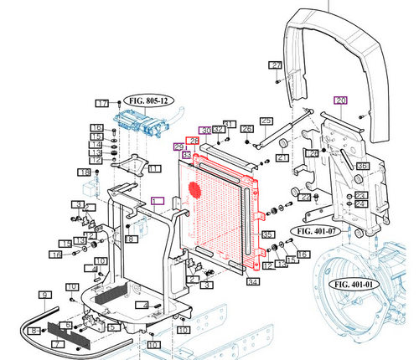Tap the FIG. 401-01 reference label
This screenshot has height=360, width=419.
click(x=356, y=284)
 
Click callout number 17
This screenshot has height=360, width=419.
click(x=102, y=103)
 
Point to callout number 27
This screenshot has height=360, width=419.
click(x=275, y=64)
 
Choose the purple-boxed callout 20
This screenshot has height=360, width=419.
click(x=339, y=100)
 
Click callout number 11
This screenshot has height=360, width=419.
click(x=154, y=168)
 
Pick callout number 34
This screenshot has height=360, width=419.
click(x=251, y=282)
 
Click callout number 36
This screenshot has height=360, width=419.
click(x=362, y=167)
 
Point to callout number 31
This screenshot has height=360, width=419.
click(x=230, y=123)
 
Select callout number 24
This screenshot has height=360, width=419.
click(x=360, y=203)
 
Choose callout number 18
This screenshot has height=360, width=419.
click(x=84, y=172)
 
